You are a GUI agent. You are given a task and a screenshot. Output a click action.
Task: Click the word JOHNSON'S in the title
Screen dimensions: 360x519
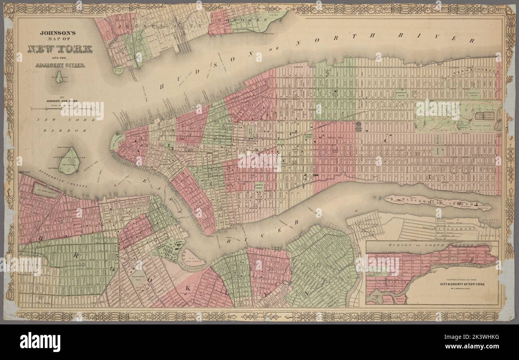pos(59,34)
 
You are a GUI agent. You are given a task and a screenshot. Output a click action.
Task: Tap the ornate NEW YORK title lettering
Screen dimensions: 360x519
pos(60,49)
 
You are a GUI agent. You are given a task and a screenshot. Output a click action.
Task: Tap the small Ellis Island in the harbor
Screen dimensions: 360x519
pos(59,77)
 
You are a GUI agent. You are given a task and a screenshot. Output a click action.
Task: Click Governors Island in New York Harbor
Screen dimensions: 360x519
pos(69,161)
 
